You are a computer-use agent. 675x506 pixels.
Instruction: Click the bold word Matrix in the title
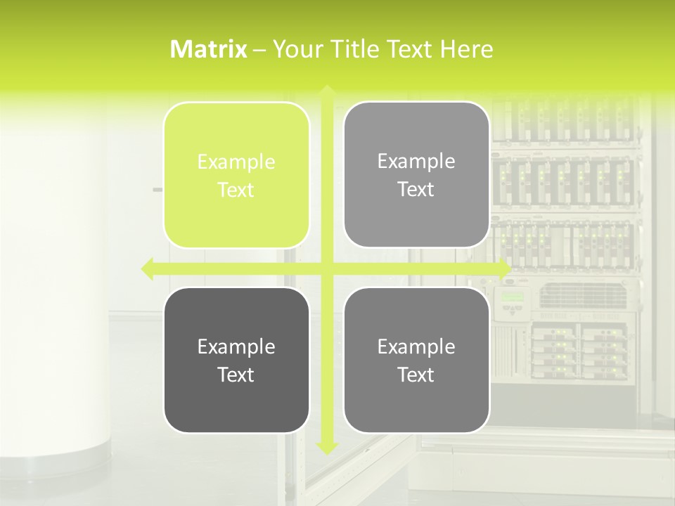[x=208, y=49]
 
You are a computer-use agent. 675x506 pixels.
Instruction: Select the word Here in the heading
[x=467, y=49]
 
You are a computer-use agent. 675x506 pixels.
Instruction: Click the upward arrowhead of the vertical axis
[x=326, y=89]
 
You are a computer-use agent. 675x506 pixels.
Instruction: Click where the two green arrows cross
[x=326, y=268]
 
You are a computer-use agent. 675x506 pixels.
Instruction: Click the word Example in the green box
[x=236, y=162]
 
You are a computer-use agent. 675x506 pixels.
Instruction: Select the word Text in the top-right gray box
[x=416, y=190]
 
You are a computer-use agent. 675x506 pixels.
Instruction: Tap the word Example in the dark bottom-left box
[x=236, y=347]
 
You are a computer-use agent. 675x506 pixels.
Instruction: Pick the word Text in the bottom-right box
[x=416, y=375]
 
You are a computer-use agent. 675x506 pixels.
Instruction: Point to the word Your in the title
[x=291, y=49]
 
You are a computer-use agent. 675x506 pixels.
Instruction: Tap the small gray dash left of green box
[x=157, y=190]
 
